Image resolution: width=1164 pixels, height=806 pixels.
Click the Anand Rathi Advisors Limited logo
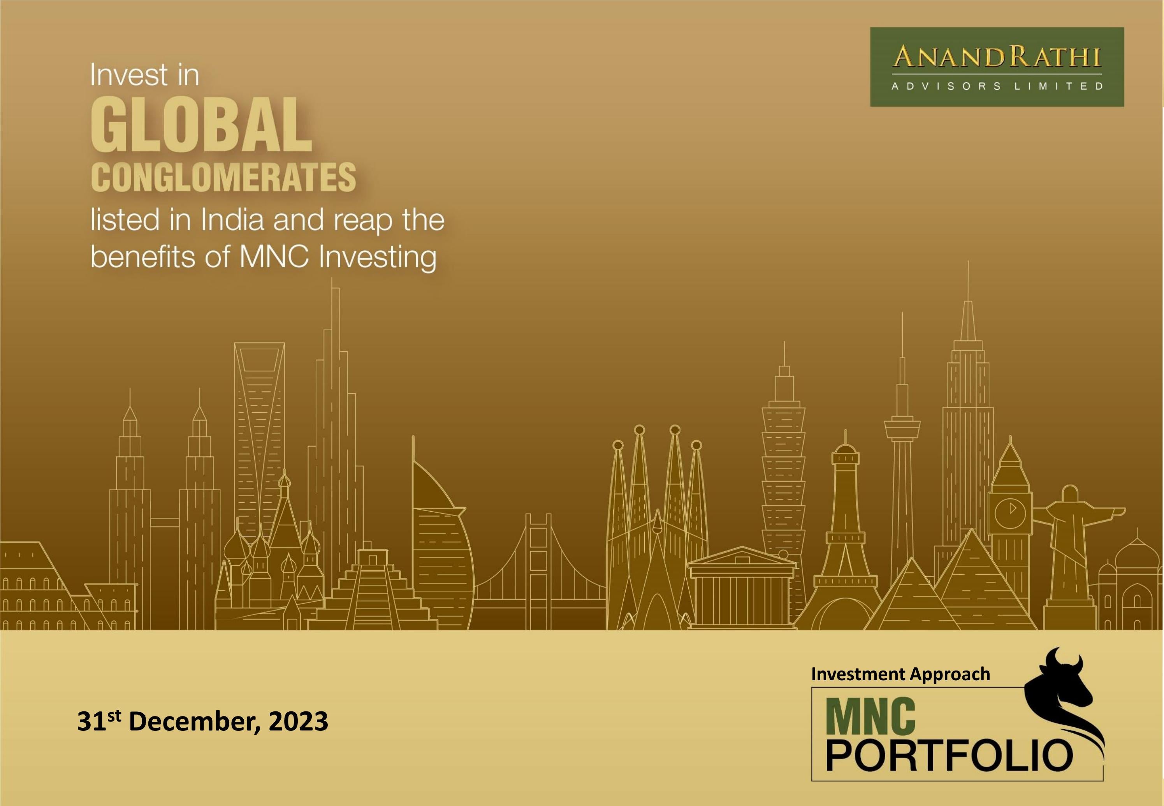[997, 67]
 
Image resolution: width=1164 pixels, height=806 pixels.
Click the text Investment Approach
[900, 674]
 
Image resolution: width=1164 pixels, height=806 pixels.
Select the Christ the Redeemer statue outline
[1070, 546]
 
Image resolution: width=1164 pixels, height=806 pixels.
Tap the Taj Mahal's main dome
[1137, 556]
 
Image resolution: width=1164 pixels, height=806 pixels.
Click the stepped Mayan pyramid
[373, 591]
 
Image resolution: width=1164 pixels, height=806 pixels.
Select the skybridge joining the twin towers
[165, 522]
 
